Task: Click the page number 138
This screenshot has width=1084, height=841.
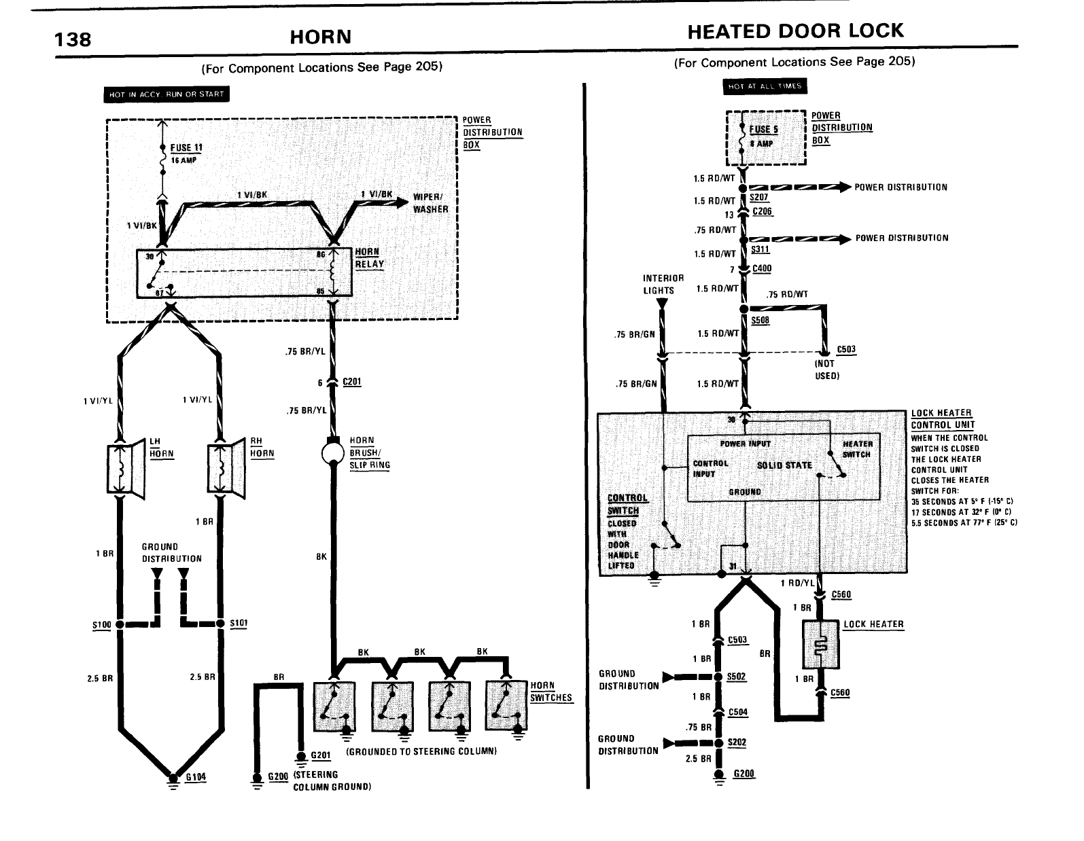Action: pyautogui.click(x=73, y=39)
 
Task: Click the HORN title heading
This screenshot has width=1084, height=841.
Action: pyautogui.click(x=320, y=37)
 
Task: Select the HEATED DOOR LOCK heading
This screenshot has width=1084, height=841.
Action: pyautogui.click(x=795, y=31)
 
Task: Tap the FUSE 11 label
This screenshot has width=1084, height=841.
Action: pyautogui.click(x=186, y=148)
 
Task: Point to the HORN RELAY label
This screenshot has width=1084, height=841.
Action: pyautogui.click(x=369, y=258)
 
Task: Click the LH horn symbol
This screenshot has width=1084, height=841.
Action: pyautogui.click(x=124, y=469)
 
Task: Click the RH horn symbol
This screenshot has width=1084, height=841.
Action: pyautogui.click(x=225, y=469)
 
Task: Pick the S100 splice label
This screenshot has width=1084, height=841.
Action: pyautogui.click(x=101, y=624)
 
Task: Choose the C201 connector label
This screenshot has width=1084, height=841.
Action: pyautogui.click(x=351, y=382)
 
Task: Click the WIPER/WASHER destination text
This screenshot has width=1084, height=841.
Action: pyautogui.click(x=431, y=204)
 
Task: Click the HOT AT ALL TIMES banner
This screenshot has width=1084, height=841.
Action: pyautogui.click(x=765, y=86)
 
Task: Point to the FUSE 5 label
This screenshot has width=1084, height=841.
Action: pyautogui.click(x=764, y=129)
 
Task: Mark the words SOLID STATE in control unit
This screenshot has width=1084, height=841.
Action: pyautogui.click(x=784, y=465)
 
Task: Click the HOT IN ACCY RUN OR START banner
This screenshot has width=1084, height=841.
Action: pyautogui.click(x=167, y=94)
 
